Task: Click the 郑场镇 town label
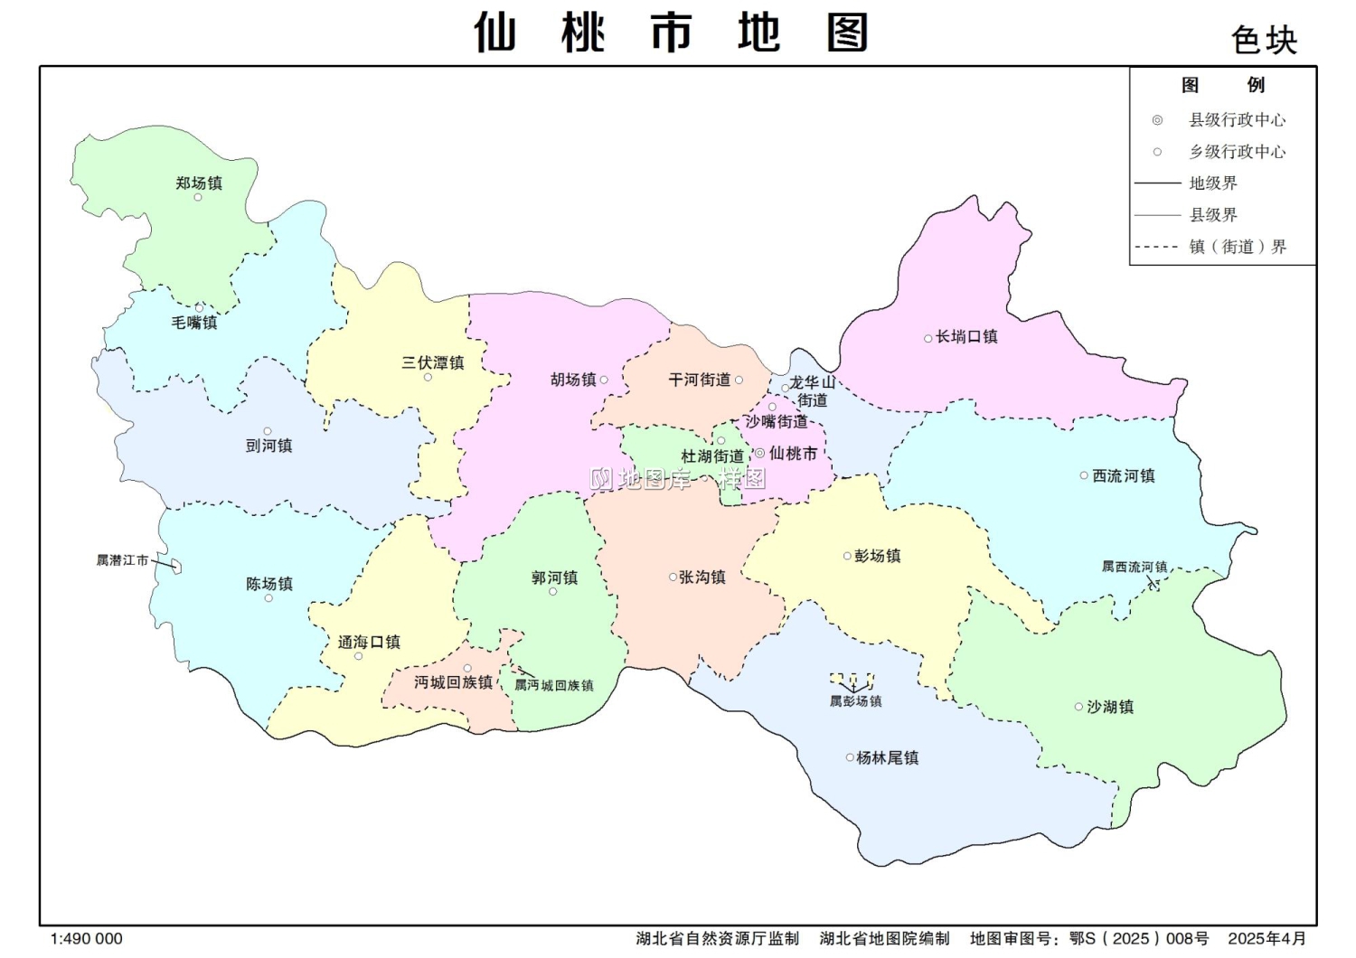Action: click(x=199, y=183)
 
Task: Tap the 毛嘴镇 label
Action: click(x=194, y=323)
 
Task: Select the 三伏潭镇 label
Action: click(x=433, y=362)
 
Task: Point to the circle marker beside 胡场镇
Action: click(x=604, y=380)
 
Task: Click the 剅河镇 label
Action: click(x=268, y=446)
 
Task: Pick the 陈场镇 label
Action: click(x=269, y=584)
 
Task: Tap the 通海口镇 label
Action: click(x=369, y=642)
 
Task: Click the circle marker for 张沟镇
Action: click(x=673, y=577)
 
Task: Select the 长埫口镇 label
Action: click(x=966, y=337)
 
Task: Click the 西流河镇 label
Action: click(x=1124, y=475)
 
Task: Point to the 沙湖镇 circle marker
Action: click(x=1078, y=707)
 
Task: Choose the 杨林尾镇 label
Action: click(x=888, y=757)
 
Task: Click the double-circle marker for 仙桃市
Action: click(x=759, y=454)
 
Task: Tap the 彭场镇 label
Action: click(x=877, y=556)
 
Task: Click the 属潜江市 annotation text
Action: click(x=122, y=560)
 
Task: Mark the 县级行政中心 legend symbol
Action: click(x=1157, y=120)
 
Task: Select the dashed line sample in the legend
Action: click(x=1156, y=247)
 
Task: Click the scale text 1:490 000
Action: click(x=86, y=939)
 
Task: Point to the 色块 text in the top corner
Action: click(x=1264, y=41)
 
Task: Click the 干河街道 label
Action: click(x=700, y=380)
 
